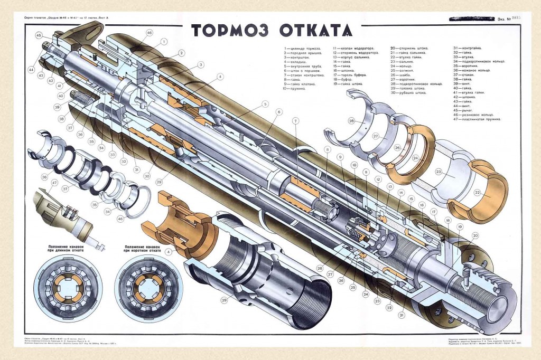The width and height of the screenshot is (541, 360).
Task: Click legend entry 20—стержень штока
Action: click(x=409, y=48)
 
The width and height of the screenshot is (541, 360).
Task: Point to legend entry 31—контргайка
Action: click(x=468, y=48)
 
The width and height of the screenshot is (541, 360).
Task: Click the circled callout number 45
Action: click(x=39, y=35)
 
